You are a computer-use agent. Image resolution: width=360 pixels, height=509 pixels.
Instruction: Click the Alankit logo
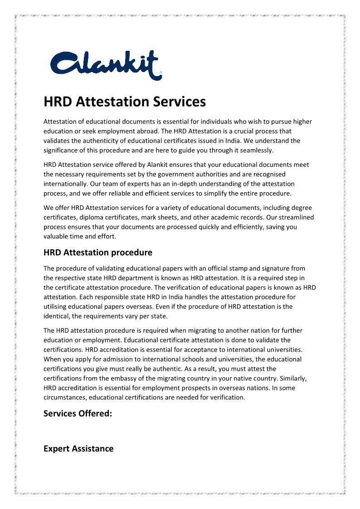pos(105,65)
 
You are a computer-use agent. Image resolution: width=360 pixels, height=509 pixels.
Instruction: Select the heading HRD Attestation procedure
pos(98,252)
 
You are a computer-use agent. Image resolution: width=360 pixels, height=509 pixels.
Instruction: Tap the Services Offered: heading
pos(78,413)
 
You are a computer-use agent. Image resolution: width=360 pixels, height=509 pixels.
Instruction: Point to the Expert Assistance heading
pos(78,449)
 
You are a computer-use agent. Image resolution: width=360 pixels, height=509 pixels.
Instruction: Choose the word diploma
pos(97,218)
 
